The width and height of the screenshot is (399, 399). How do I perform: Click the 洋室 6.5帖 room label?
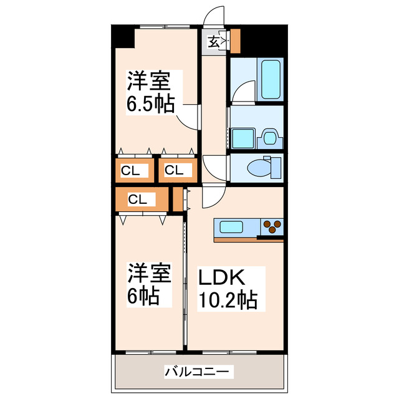coord(151,91)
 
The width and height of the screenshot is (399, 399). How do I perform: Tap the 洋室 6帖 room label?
coord(150,284)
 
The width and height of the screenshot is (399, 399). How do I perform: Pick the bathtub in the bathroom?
coord(271,79)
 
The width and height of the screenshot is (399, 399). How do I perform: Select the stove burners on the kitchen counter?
coord(272,225)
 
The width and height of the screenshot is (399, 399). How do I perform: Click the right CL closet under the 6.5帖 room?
coord(174,170)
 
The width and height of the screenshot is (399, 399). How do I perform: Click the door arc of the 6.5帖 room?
coord(185,119)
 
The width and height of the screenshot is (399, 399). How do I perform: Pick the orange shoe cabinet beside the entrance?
coord(235,41)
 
